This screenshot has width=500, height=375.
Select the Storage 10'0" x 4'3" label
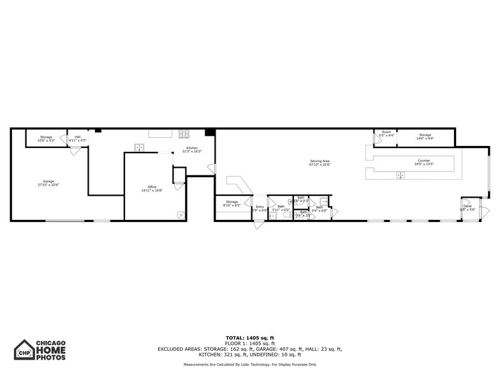tap(46, 138)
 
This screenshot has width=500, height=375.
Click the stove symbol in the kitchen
tap(184, 134)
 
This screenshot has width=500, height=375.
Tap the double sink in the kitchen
tap(139, 147)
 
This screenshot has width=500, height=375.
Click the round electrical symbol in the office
tap(180, 214)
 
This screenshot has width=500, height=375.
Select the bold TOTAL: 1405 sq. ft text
tap(250, 337)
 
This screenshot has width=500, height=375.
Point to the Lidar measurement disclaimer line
tap(250, 364)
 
